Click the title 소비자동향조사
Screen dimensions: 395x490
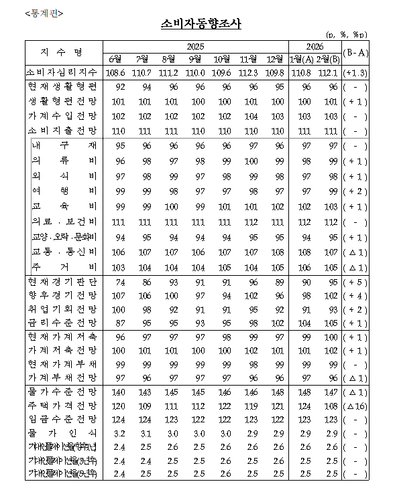(201, 24)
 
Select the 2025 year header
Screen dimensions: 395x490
(195, 46)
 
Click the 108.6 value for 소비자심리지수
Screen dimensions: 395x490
(115, 72)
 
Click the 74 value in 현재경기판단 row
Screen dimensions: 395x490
(121, 282)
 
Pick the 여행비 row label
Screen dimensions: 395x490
(64, 191)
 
